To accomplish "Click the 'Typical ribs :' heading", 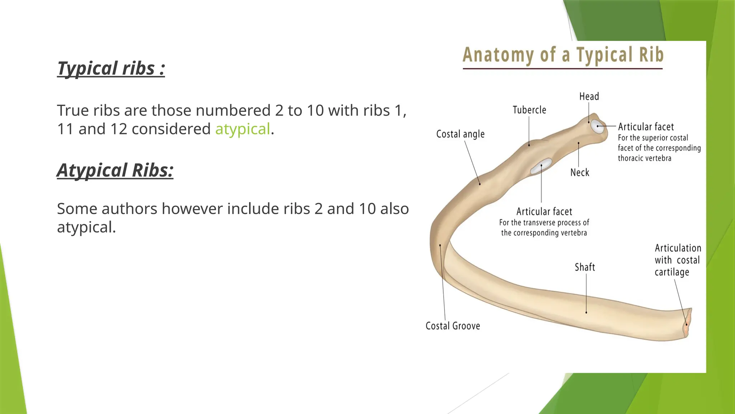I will pos(111,68).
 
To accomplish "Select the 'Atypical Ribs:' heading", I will pos(115,170).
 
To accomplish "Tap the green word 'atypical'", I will pos(242,129).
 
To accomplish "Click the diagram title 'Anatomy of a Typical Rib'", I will pos(563,55).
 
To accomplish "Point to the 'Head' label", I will pos(589,96).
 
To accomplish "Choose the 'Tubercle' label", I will pos(529,110).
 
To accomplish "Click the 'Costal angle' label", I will pos(460,134).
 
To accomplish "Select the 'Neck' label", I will pos(580,172).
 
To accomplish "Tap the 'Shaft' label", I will pos(585,267).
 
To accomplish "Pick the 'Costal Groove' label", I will pos(453,326).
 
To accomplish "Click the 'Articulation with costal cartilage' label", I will pos(677,260).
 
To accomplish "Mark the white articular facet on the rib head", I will pos(598,127).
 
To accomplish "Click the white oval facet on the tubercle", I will pos(542,166).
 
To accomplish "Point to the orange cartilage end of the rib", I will pos(687,323).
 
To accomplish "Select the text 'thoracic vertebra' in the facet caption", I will pos(644,158).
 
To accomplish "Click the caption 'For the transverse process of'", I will pos(544,223).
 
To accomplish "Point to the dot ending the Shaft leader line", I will pos(586,313).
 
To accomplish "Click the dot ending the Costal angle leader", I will pos(480,184).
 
